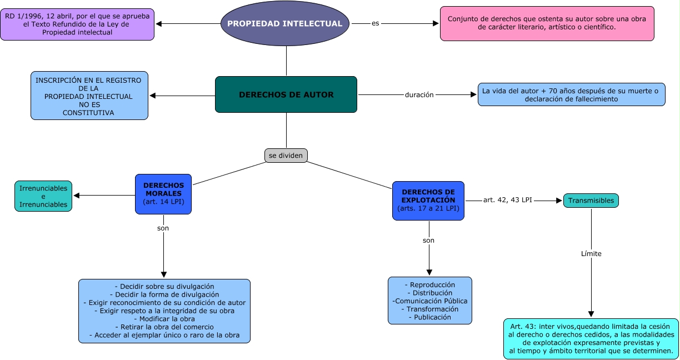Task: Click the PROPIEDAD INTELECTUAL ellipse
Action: click(x=285, y=24)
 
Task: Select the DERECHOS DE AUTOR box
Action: click(x=286, y=95)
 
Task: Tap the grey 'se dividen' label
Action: click(x=286, y=156)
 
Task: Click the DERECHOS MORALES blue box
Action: click(x=163, y=194)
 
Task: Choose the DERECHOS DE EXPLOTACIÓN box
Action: click(x=428, y=201)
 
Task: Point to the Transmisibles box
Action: click(x=591, y=201)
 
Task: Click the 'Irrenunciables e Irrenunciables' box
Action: click(x=43, y=196)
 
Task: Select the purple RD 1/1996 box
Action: click(x=77, y=24)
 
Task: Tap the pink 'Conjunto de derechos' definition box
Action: click(x=547, y=23)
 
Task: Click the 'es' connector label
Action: click(x=376, y=23)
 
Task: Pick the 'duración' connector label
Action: click(x=419, y=94)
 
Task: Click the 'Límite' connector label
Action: click(x=591, y=253)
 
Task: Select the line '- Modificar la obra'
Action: click(x=164, y=319)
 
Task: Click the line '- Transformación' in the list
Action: click(x=429, y=309)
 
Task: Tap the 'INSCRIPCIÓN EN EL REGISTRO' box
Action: click(x=89, y=96)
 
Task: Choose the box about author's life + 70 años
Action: click(x=571, y=95)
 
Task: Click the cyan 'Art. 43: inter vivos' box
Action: click(x=591, y=338)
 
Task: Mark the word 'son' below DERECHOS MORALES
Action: click(x=163, y=228)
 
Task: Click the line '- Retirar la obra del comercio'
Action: click(x=164, y=327)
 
